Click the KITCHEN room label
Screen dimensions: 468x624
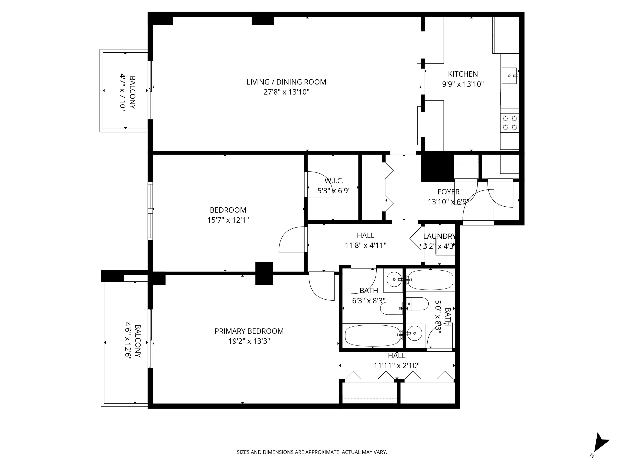[463, 74]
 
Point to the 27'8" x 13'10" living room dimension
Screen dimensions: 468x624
[286, 92]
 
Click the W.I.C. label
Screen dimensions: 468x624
[334, 181]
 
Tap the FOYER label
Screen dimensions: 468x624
[448, 192]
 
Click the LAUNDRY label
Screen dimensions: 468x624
[439, 236]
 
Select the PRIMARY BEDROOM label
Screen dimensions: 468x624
[249, 331]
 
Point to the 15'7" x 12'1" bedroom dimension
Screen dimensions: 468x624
[228, 220]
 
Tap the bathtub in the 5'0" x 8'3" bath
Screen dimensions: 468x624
[430, 280]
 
